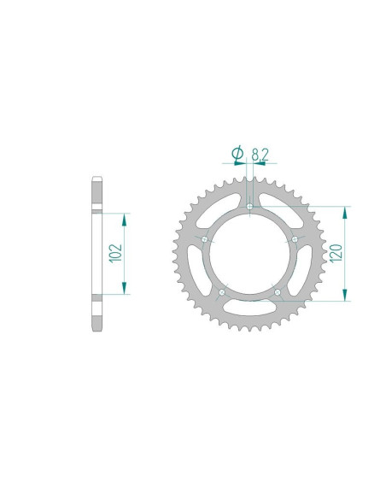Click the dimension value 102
tap(115, 253)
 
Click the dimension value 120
tap(336, 253)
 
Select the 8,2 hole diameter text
tap(260, 155)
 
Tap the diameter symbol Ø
tap(237, 153)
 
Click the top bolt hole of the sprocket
tap(249, 207)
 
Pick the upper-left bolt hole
tap(204, 239)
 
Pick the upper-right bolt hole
tap(295, 239)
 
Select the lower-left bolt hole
tap(222, 292)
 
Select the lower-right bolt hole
tap(278, 292)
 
